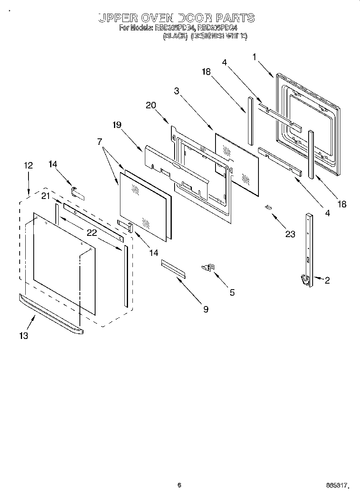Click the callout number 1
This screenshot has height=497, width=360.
coord(254,57)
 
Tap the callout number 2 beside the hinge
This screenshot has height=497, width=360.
coord(327,280)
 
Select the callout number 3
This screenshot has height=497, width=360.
coord(177,91)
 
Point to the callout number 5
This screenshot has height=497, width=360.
coord(232,292)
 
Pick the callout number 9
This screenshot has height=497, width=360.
coord(205,309)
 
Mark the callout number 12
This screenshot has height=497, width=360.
coord(28,165)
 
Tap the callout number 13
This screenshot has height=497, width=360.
coord(24,336)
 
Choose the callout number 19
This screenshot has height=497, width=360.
coord(116,125)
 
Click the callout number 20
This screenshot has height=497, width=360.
coord(151,105)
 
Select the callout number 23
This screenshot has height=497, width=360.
coord(290,234)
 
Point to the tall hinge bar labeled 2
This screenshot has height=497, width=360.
coord(309,249)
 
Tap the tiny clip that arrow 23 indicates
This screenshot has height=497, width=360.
coord(268,207)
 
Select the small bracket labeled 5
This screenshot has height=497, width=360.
coord(209,267)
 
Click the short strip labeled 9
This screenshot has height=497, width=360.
coord(173,268)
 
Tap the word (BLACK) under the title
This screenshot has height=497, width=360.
coord(175,36)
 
